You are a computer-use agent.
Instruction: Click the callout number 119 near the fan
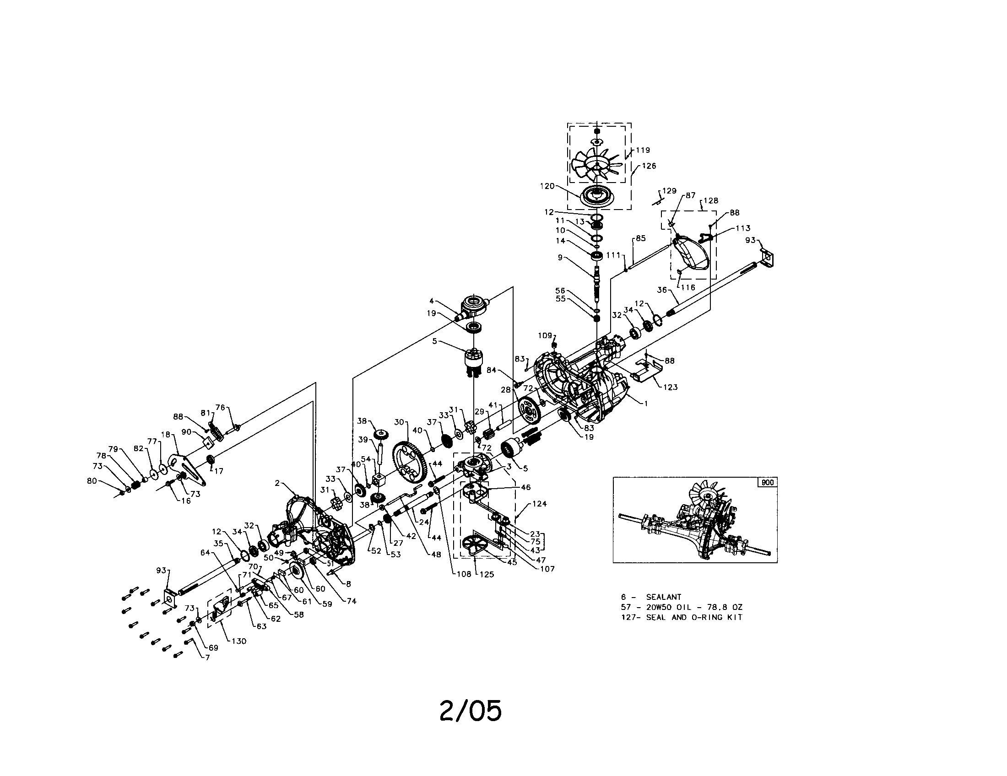point(643,150)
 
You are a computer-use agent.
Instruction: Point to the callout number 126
point(649,166)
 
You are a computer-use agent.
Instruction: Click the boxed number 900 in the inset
point(768,482)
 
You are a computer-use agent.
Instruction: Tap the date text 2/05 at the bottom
point(470,711)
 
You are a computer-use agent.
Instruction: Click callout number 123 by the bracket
point(670,387)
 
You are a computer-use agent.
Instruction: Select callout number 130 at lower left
point(238,641)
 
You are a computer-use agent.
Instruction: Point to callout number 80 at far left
point(92,481)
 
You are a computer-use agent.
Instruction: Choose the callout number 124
point(539,504)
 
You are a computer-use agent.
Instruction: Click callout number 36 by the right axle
point(662,290)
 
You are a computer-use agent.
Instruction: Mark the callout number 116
point(688,287)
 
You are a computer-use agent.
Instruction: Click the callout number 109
point(545,335)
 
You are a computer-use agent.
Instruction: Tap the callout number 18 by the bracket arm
point(166,435)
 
